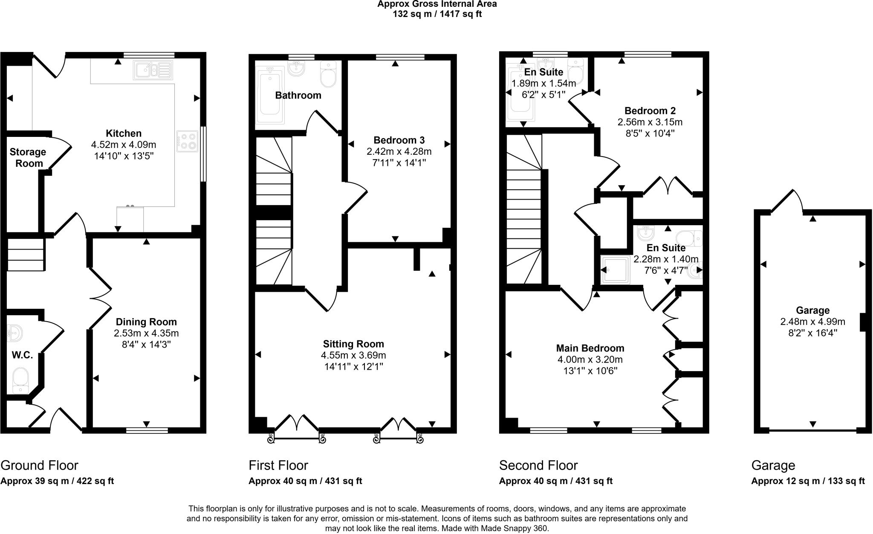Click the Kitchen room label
coord(124,133)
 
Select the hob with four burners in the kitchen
coord(188,141)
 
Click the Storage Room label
coord(28,158)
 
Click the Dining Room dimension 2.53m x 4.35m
coord(146,333)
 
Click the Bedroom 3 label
coord(399,140)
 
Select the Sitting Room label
coord(353,344)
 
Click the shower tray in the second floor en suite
coord(615,270)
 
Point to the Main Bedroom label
coord(590,348)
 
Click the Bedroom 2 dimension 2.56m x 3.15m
coord(650,122)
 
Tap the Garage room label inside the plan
coord(812,311)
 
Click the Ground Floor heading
coord(39,465)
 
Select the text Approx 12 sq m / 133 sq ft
coord(808,481)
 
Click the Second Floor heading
coord(538,465)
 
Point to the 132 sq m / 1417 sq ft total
coord(437,14)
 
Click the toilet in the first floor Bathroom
coord(328,75)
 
